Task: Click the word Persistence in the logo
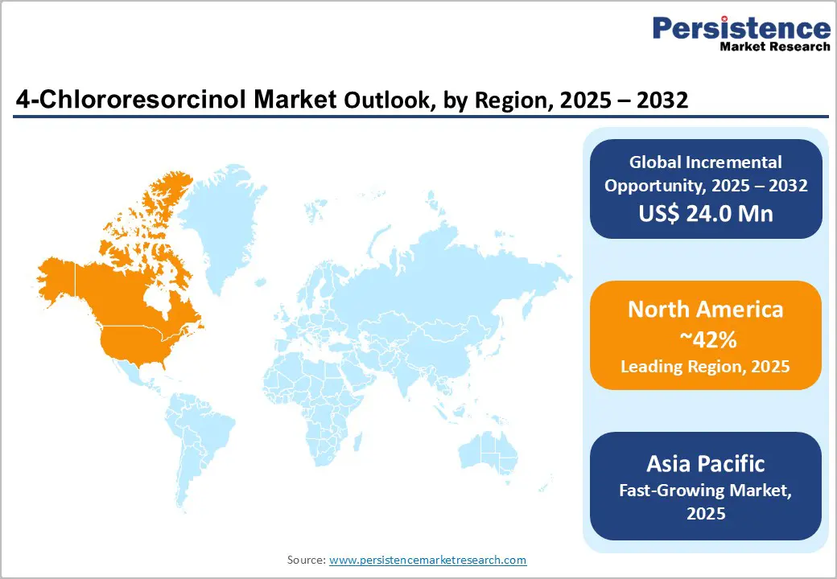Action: (x=741, y=29)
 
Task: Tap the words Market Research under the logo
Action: (x=775, y=47)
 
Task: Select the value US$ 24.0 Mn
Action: (x=705, y=213)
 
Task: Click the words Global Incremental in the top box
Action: (x=705, y=162)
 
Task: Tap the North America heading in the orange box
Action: (x=705, y=310)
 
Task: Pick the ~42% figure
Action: (x=705, y=340)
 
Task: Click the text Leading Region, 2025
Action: (x=705, y=367)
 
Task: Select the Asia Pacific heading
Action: (x=705, y=463)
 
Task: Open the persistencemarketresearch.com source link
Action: (x=427, y=560)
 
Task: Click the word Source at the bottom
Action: (x=306, y=560)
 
